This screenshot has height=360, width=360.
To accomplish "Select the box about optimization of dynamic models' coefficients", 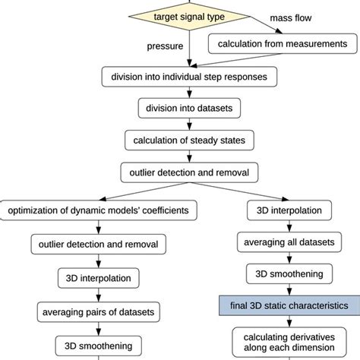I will [99, 209].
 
